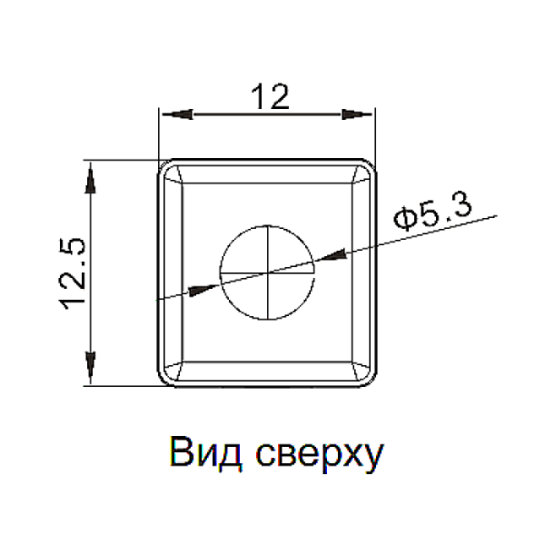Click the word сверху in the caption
coord(320,456)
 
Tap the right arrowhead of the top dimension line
coord(354,114)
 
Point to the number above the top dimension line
coord(270,95)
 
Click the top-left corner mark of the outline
coord(168,170)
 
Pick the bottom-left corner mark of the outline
coord(168,374)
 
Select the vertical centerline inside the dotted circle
coord(266,272)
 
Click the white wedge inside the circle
coord(241,275)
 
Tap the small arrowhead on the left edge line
coord(192,290)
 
